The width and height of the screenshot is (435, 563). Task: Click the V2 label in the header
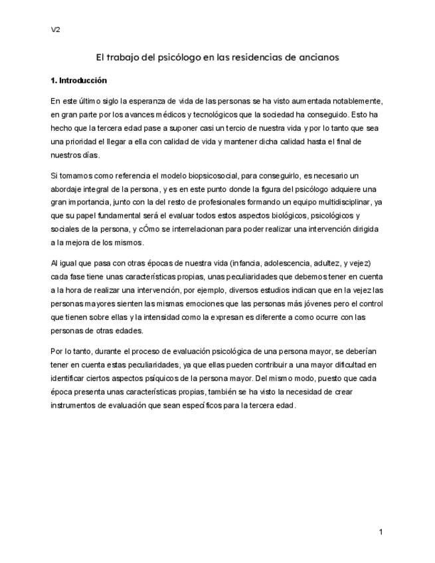pos(55,30)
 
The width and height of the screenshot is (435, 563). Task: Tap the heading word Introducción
pos(83,81)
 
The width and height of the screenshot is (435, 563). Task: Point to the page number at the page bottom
pos(381,532)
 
